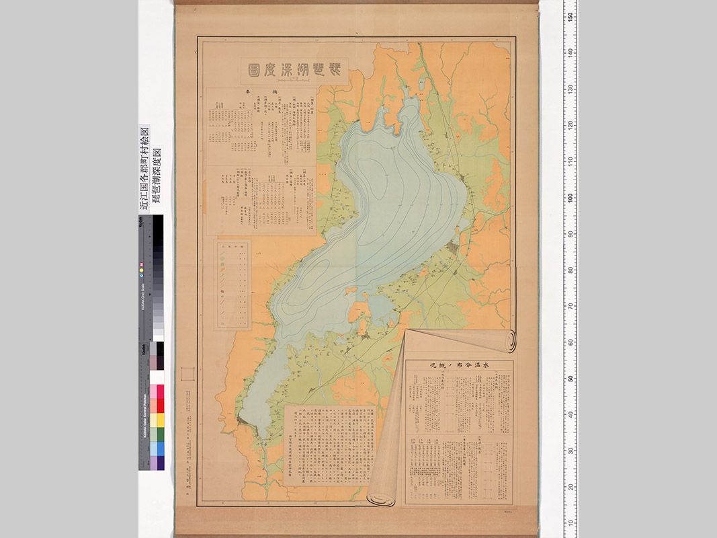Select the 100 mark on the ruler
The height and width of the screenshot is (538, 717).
tap(571, 197)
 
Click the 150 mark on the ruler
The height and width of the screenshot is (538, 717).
tap(571, 16)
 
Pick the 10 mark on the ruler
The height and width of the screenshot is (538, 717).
tap(571, 523)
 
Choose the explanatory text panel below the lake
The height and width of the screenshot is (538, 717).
tap(329, 443)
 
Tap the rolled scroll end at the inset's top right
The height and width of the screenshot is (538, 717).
tap(512, 340)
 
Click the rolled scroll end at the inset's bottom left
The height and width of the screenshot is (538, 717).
tap(381, 499)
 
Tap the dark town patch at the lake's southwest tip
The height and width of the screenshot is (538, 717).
tap(243, 422)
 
